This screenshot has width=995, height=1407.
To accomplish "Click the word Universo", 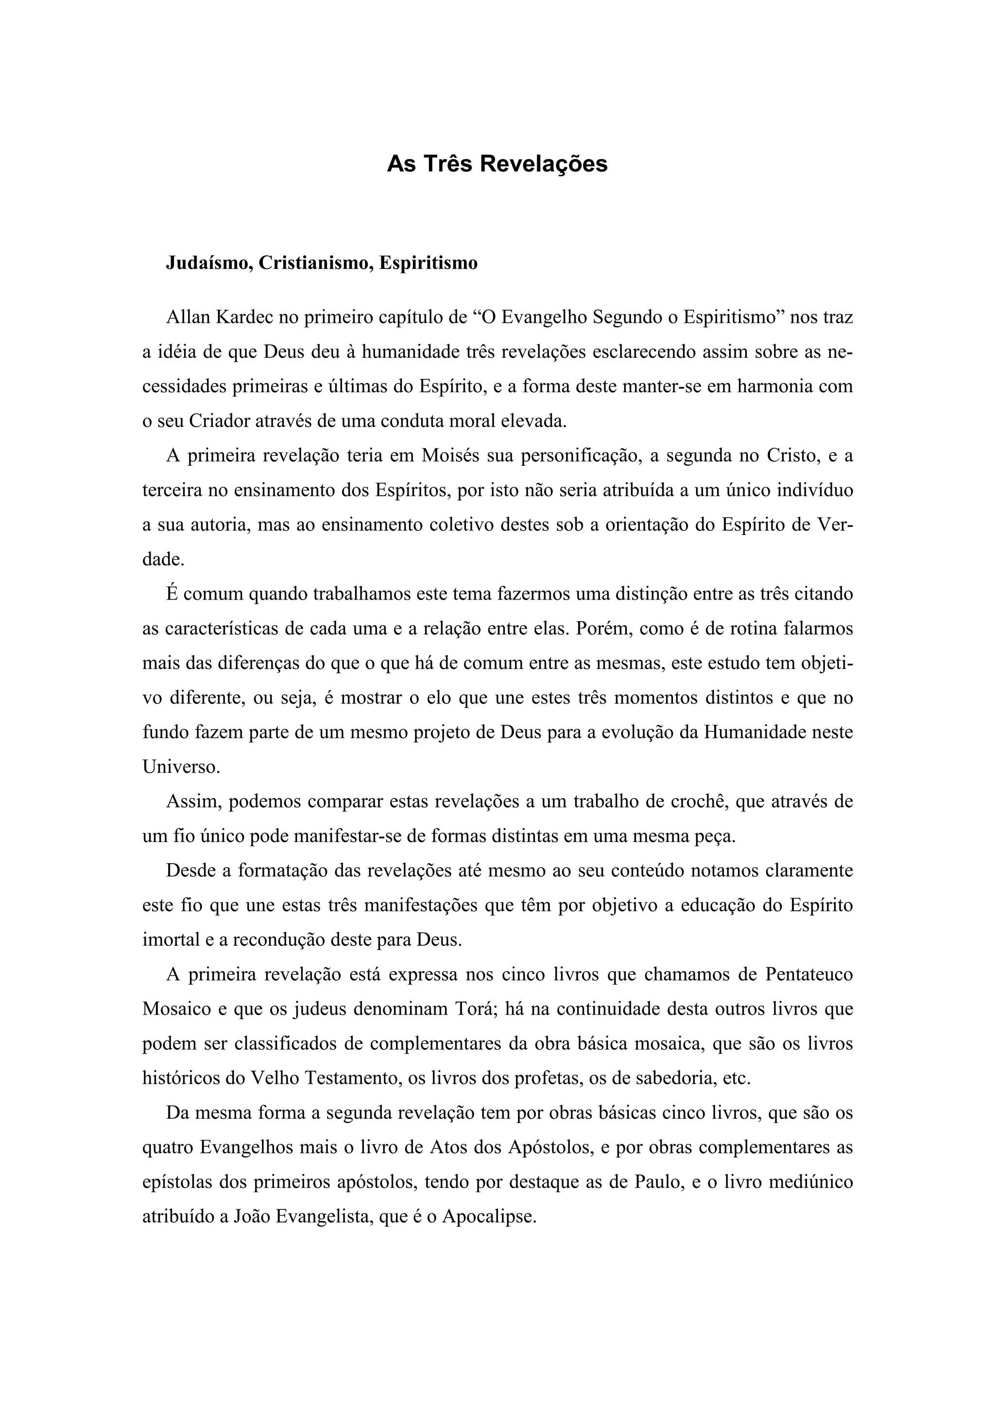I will (x=180, y=767).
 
